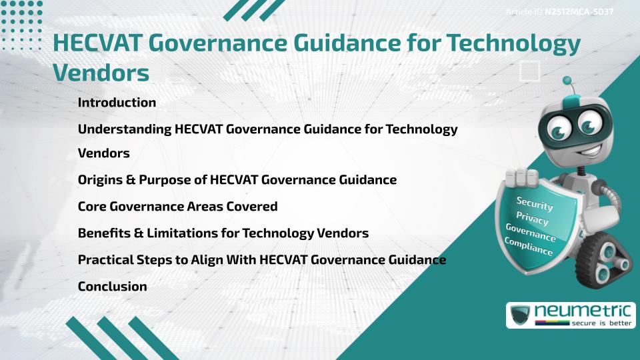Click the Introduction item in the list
(x=117, y=103)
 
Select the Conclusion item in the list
(x=112, y=287)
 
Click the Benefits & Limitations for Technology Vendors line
(x=223, y=233)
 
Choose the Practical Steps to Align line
(x=261, y=260)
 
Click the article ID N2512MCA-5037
(x=579, y=12)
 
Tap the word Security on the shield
(x=535, y=203)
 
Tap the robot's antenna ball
(x=567, y=81)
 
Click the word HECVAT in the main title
(x=97, y=43)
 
